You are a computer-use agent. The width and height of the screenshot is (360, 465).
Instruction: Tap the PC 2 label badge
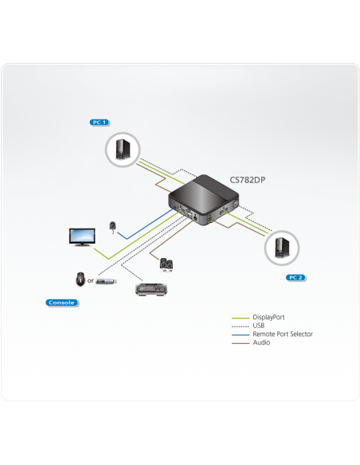(x=294, y=277)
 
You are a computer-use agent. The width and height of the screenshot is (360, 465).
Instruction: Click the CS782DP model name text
(x=247, y=180)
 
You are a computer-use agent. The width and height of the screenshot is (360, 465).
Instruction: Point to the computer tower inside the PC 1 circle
(x=122, y=149)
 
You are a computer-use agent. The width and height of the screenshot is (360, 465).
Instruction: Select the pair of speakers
(x=166, y=264)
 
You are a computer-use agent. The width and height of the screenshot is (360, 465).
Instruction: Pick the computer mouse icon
(x=80, y=279)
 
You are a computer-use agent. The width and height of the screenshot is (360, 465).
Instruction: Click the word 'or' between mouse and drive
(x=90, y=280)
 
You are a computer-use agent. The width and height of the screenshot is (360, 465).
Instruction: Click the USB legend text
(x=260, y=326)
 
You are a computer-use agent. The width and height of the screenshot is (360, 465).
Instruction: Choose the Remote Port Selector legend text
(x=283, y=334)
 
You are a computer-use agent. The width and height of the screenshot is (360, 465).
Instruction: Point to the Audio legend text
(x=261, y=342)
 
